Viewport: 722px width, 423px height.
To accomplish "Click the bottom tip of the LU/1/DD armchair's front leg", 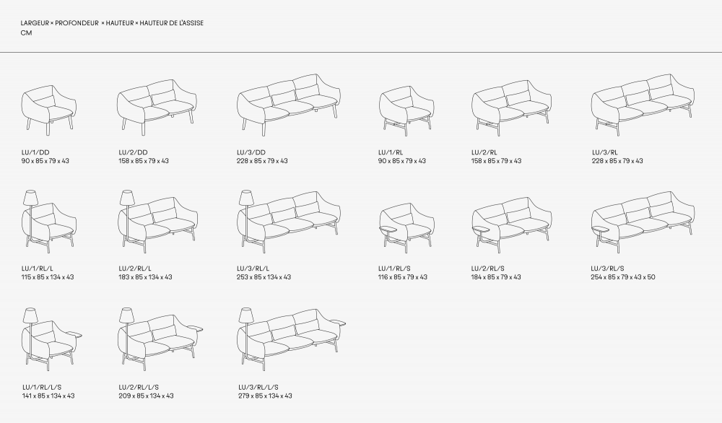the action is coord(48,135).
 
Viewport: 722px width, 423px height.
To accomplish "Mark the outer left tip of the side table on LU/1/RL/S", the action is coord(380,228).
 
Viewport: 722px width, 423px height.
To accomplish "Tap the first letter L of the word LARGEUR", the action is coord(22,23).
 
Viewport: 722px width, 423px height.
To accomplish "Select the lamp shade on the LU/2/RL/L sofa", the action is coord(126,198).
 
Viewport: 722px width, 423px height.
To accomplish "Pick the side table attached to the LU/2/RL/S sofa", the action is coord(482,229).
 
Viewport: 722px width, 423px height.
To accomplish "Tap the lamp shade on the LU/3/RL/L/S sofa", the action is coord(246,315).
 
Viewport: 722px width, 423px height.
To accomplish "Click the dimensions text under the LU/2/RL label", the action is coord(496,161).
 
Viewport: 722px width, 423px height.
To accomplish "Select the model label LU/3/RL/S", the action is coord(607,269).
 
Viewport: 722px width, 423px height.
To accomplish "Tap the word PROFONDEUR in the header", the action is coord(77,23).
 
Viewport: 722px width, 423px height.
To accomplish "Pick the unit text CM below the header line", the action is coord(26,33).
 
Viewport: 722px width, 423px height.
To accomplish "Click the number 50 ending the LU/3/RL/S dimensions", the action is coord(651,277).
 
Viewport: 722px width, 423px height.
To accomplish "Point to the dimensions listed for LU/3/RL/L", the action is coord(264,277).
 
